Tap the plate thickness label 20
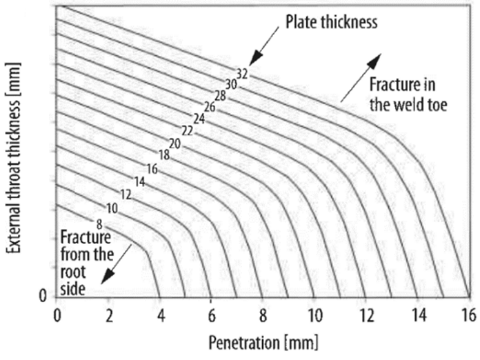coord(174,143)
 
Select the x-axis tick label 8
coord(262,315)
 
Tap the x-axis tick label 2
coord(108,315)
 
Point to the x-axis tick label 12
coord(365,315)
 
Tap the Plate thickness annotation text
coord(332,23)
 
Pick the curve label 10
coord(112,208)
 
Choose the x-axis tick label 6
coord(211,315)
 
